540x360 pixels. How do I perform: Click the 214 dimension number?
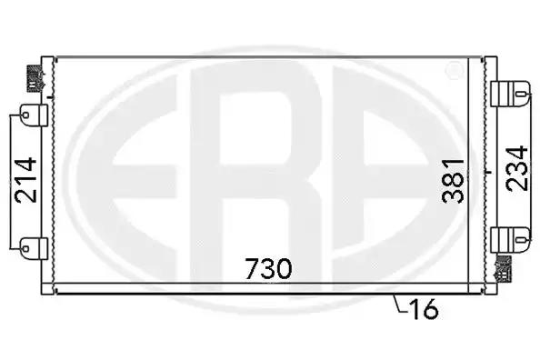point(25,180)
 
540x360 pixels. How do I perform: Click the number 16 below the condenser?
point(423,308)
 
